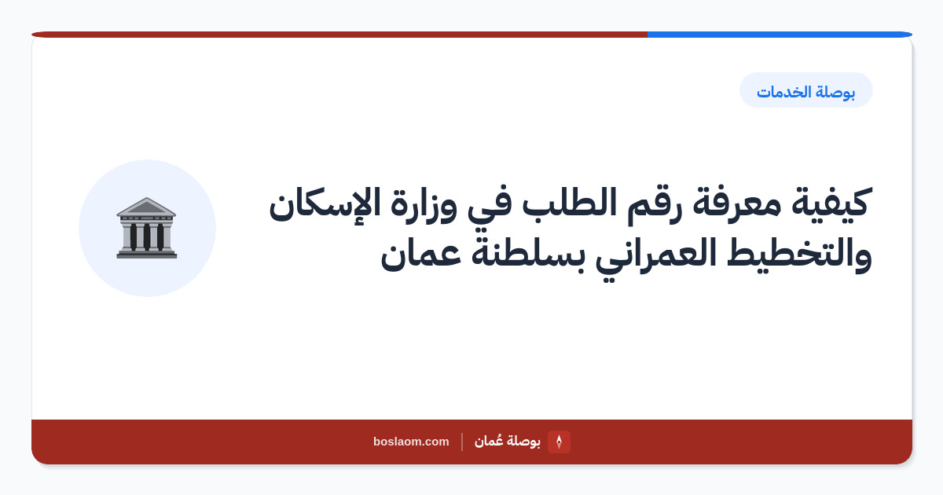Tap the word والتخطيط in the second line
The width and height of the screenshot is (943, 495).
[x=799, y=255]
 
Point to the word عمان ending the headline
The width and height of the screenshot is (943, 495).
[x=420, y=257]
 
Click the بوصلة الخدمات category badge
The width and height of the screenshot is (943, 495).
[x=806, y=90]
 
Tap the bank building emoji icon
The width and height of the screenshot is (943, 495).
[x=146, y=228]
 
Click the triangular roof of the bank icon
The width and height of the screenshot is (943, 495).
[x=146, y=206]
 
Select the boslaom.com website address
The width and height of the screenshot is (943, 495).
[x=411, y=442]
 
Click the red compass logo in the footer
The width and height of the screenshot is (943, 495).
[x=559, y=442]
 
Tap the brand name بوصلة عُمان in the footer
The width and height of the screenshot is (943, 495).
[x=508, y=441]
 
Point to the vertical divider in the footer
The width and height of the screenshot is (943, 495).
[x=462, y=442]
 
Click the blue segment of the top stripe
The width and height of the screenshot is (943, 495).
[x=780, y=35]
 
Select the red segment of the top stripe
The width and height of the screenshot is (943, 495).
[x=339, y=35]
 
